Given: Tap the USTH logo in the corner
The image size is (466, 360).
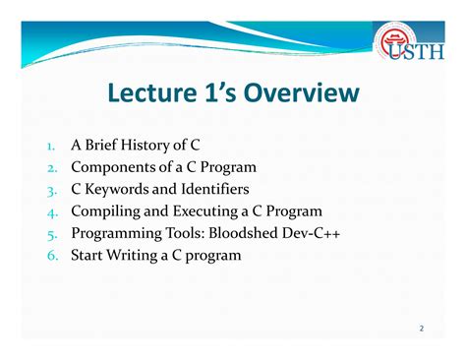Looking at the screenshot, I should pyautogui.click(x=407, y=44).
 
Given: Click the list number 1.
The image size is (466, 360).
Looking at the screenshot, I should pyautogui.click(x=51, y=147).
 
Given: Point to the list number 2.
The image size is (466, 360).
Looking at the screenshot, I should pyautogui.click(x=51, y=168).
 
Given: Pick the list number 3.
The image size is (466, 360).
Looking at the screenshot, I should pyautogui.click(x=51, y=190).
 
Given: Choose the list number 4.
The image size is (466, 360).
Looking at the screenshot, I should pyautogui.click(x=51, y=211).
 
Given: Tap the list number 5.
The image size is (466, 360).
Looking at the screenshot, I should pyautogui.click(x=51, y=233).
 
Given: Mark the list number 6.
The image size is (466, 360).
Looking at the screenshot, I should pyautogui.click(x=51, y=255).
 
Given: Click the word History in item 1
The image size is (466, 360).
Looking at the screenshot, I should pyautogui.click(x=151, y=146).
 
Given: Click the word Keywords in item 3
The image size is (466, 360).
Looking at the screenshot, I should pyautogui.click(x=120, y=189).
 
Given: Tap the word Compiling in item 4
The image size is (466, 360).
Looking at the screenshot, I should pyautogui.click(x=107, y=211).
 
